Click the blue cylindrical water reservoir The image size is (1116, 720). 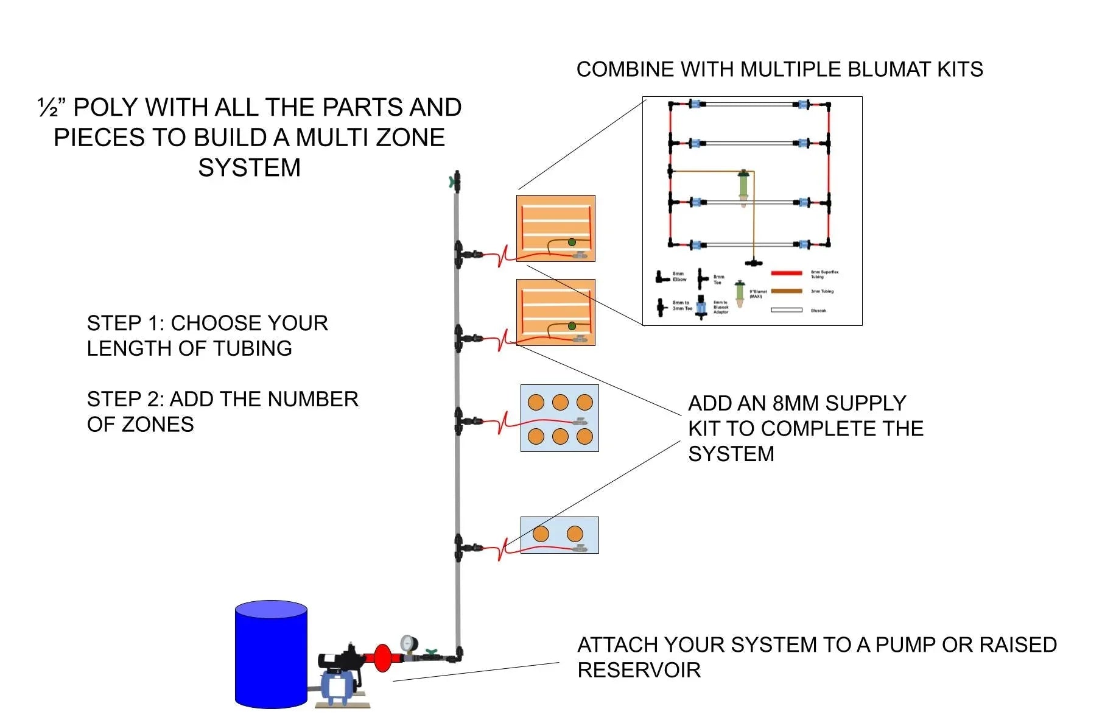pos(271,655)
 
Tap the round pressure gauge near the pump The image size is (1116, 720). pos(409,643)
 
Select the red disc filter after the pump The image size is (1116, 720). pos(383,658)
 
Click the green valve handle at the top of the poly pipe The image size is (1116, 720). pos(452,181)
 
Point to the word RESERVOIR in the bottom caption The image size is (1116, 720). pos(639,670)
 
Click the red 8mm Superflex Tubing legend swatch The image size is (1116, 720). pos(787,273)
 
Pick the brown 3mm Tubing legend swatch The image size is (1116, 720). pos(787,291)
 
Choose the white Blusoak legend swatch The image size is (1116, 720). pos(787,310)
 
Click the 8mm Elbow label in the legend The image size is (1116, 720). pos(679,277)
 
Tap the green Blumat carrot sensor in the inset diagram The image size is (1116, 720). pos(743,186)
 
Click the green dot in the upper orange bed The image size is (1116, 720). pos(572,242)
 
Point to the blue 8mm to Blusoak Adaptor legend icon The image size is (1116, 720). pos(701,306)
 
